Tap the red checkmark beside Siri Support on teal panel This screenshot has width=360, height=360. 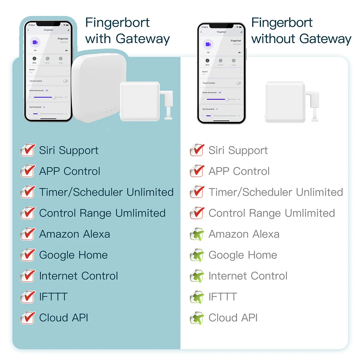pos(28,150)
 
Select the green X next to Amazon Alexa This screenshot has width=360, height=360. pos(197,234)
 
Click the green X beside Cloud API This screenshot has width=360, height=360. pos(197,318)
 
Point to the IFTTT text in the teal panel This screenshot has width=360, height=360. pos(53,297)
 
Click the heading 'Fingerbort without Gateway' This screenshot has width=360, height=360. pos(301,31)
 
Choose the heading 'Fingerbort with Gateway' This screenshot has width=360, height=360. pos(127,31)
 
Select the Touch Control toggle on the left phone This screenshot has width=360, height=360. pos(65,81)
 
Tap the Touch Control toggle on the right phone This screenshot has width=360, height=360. pos(238,83)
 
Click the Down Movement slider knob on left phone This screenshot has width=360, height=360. pos(54,97)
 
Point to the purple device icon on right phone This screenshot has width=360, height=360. pos(208,45)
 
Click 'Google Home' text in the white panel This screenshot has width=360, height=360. pos(243,255)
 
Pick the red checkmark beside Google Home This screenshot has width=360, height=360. pos(28,255)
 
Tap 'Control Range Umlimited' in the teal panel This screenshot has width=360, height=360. pos(102,213)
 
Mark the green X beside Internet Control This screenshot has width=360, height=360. pos(197,276)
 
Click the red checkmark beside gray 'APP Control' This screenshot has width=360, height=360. pos(197,171)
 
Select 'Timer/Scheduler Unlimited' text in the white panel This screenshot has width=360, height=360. pos(275,192)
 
